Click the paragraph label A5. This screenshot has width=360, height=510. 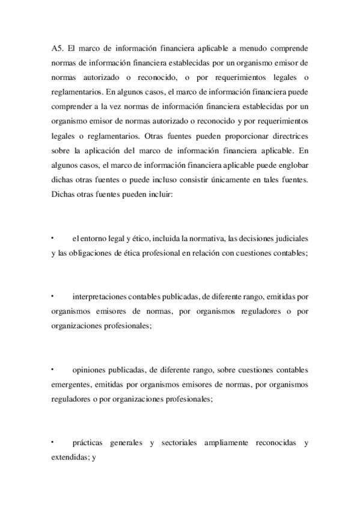coord(58,48)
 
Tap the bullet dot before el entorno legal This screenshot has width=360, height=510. coord(53,238)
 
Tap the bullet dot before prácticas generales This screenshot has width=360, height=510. coord(53,441)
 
